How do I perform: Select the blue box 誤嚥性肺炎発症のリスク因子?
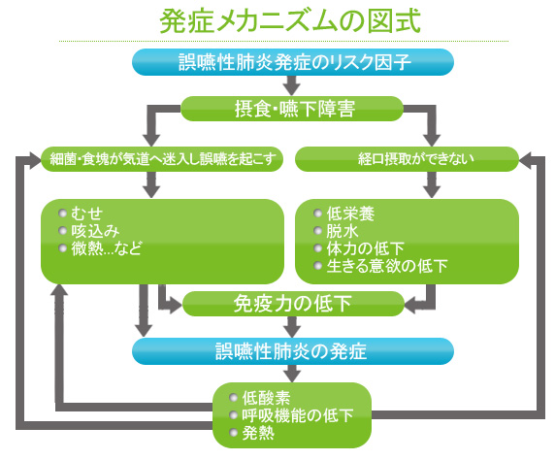[291, 63]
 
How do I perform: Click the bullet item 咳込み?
[95, 230]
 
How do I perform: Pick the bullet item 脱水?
[339, 230]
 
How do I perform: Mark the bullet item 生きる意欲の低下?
[379, 266]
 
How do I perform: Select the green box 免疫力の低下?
[291, 304]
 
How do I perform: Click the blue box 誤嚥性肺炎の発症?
[291, 350]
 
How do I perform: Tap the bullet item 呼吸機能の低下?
[291, 415]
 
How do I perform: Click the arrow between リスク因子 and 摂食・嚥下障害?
[291, 85]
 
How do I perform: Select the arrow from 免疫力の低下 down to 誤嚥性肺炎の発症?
[291, 327]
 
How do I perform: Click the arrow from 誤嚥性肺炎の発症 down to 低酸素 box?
[291, 373]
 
